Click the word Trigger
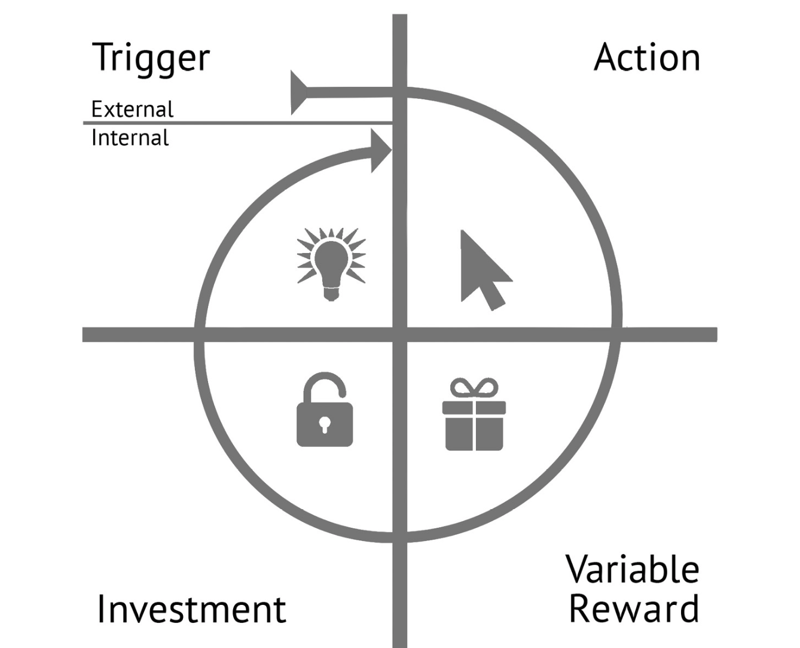151,59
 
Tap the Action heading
647,58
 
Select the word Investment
191,609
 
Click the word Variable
632,569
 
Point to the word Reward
633,609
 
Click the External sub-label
132,109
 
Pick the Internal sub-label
130,138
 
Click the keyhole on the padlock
325,424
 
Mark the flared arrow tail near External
298,92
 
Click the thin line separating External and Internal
239,123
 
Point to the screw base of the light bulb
331,294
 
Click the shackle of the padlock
325,386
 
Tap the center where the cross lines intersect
400,334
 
